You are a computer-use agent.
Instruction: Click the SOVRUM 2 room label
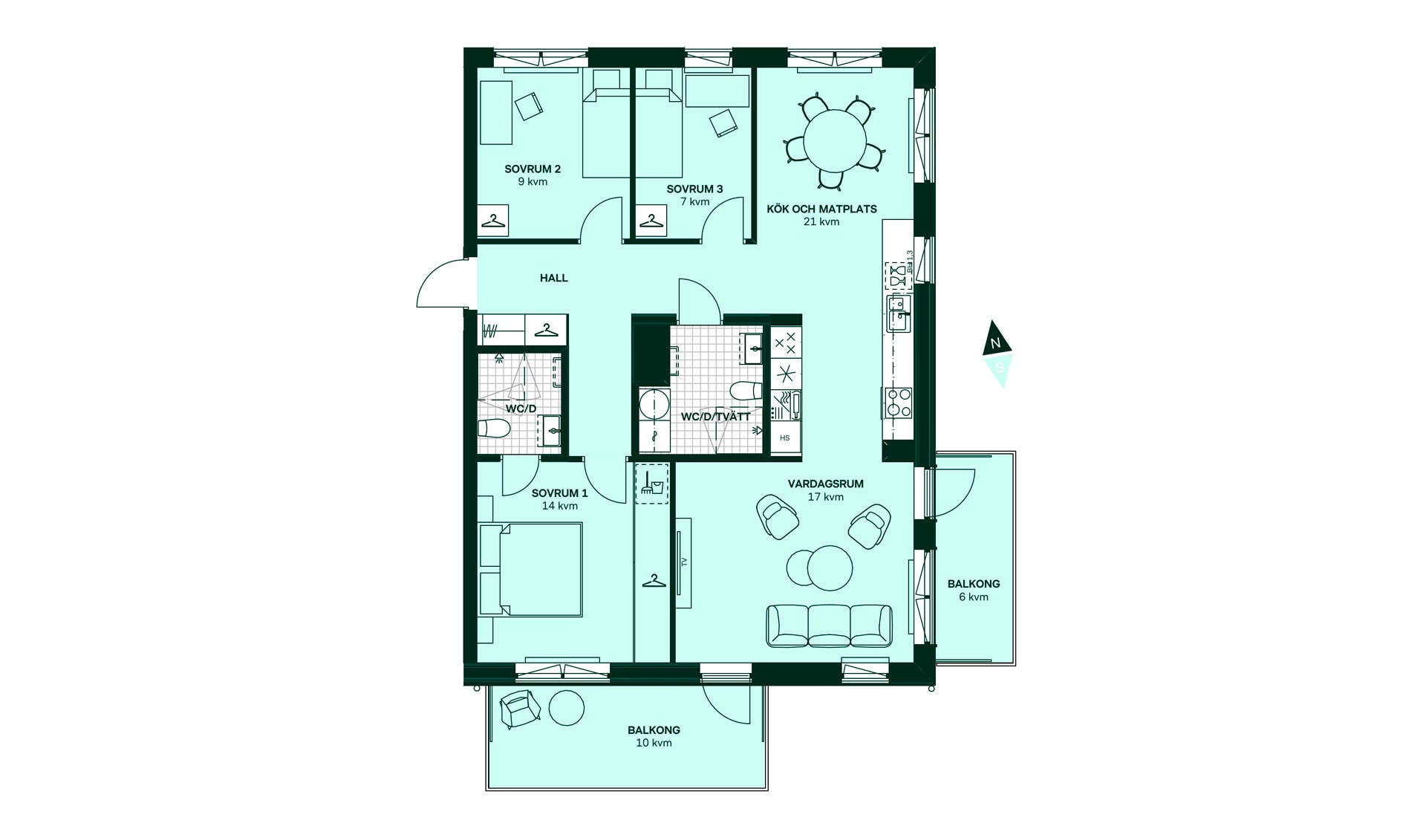[533, 169]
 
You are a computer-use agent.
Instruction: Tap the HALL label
[554, 278]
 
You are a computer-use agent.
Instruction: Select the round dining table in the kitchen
[835, 140]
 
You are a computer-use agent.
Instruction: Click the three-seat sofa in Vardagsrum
[829, 625]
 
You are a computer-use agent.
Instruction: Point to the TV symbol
[684, 562]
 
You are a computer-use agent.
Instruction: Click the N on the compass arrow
[997, 343]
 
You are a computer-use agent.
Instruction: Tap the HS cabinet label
[785, 438]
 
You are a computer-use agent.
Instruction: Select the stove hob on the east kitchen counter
[898, 402]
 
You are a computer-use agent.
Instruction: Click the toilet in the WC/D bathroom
[494, 429]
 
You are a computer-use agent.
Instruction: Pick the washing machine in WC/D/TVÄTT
[654, 406]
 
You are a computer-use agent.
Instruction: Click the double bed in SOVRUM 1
[531, 570]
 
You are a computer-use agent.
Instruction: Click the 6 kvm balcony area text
[973, 597]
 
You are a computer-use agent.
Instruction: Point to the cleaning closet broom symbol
[651, 484]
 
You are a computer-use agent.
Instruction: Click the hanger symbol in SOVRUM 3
[651, 221]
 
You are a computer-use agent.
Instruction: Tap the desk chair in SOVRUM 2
[529, 105]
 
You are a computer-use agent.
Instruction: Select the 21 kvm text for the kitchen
[821, 222]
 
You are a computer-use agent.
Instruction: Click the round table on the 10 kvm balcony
[567, 708]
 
